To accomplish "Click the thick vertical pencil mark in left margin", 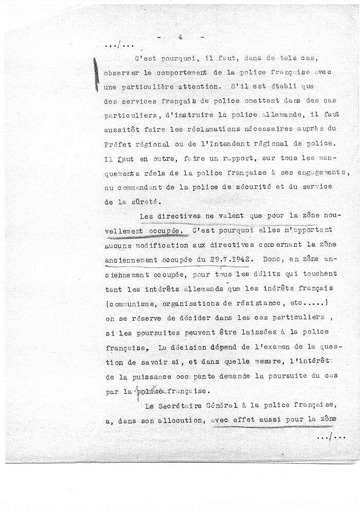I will (x=96, y=75).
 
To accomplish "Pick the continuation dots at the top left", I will (x=120, y=46).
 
